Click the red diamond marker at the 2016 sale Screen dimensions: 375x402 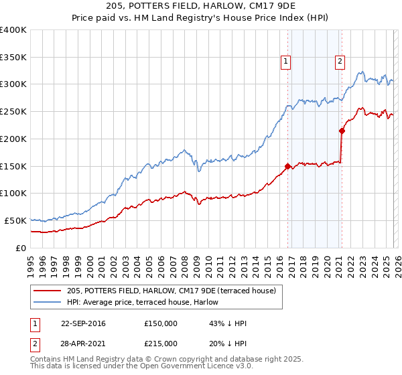[x=288, y=166]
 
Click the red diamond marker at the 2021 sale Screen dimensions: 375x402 [x=342, y=131]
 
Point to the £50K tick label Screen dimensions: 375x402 [x=15, y=220]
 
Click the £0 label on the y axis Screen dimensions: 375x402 [x=20, y=248]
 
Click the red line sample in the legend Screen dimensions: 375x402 [x=49, y=289]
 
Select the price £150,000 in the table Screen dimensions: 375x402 [x=161, y=323]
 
